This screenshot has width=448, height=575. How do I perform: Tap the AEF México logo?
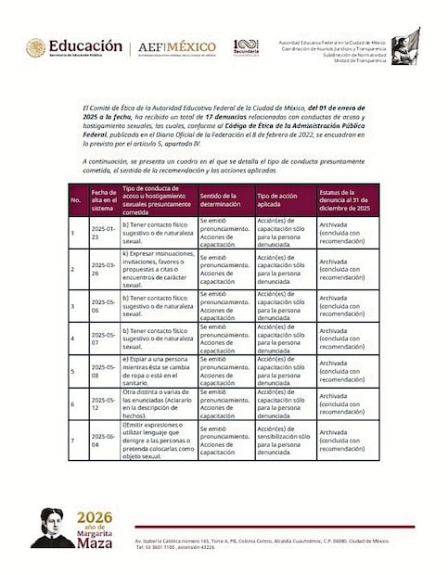[177, 47]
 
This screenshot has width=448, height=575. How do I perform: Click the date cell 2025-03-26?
[102, 268]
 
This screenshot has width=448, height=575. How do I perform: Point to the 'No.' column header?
[76, 200]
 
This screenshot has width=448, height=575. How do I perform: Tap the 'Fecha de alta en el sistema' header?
[103, 200]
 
